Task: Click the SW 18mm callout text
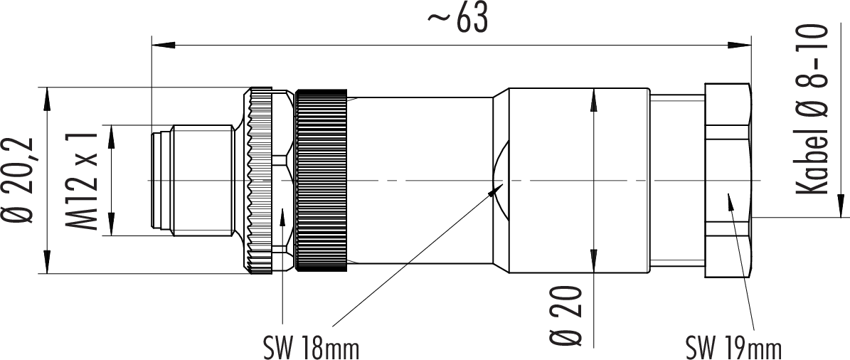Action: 311,348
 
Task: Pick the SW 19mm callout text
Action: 733,348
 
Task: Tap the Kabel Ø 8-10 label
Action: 812,109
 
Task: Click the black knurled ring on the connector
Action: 321,180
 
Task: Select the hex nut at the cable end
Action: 728,180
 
